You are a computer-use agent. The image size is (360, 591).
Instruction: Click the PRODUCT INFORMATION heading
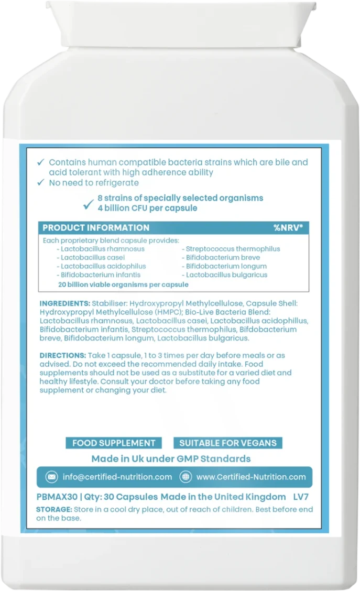(x=96, y=228)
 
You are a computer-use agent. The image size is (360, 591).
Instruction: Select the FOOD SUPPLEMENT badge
(x=114, y=443)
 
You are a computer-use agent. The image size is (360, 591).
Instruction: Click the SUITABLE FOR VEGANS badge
(x=228, y=443)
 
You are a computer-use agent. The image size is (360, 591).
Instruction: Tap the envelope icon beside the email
(x=51, y=477)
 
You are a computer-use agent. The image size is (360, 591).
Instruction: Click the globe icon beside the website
(x=185, y=477)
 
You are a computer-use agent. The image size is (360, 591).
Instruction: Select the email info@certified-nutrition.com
(x=117, y=477)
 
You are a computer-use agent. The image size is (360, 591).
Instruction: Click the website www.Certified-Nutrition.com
(x=251, y=477)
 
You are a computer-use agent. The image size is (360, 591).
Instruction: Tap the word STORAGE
(x=53, y=509)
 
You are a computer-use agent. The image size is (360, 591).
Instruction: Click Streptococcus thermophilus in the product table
(x=233, y=249)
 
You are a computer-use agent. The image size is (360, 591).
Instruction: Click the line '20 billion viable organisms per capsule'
(x=123, y=284)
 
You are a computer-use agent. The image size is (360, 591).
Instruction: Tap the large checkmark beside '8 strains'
(x=88, y=203)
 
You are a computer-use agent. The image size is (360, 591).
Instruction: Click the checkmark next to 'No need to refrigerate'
(x=41, y=183)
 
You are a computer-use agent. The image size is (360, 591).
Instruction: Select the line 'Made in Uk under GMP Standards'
(x=171, y=459)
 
